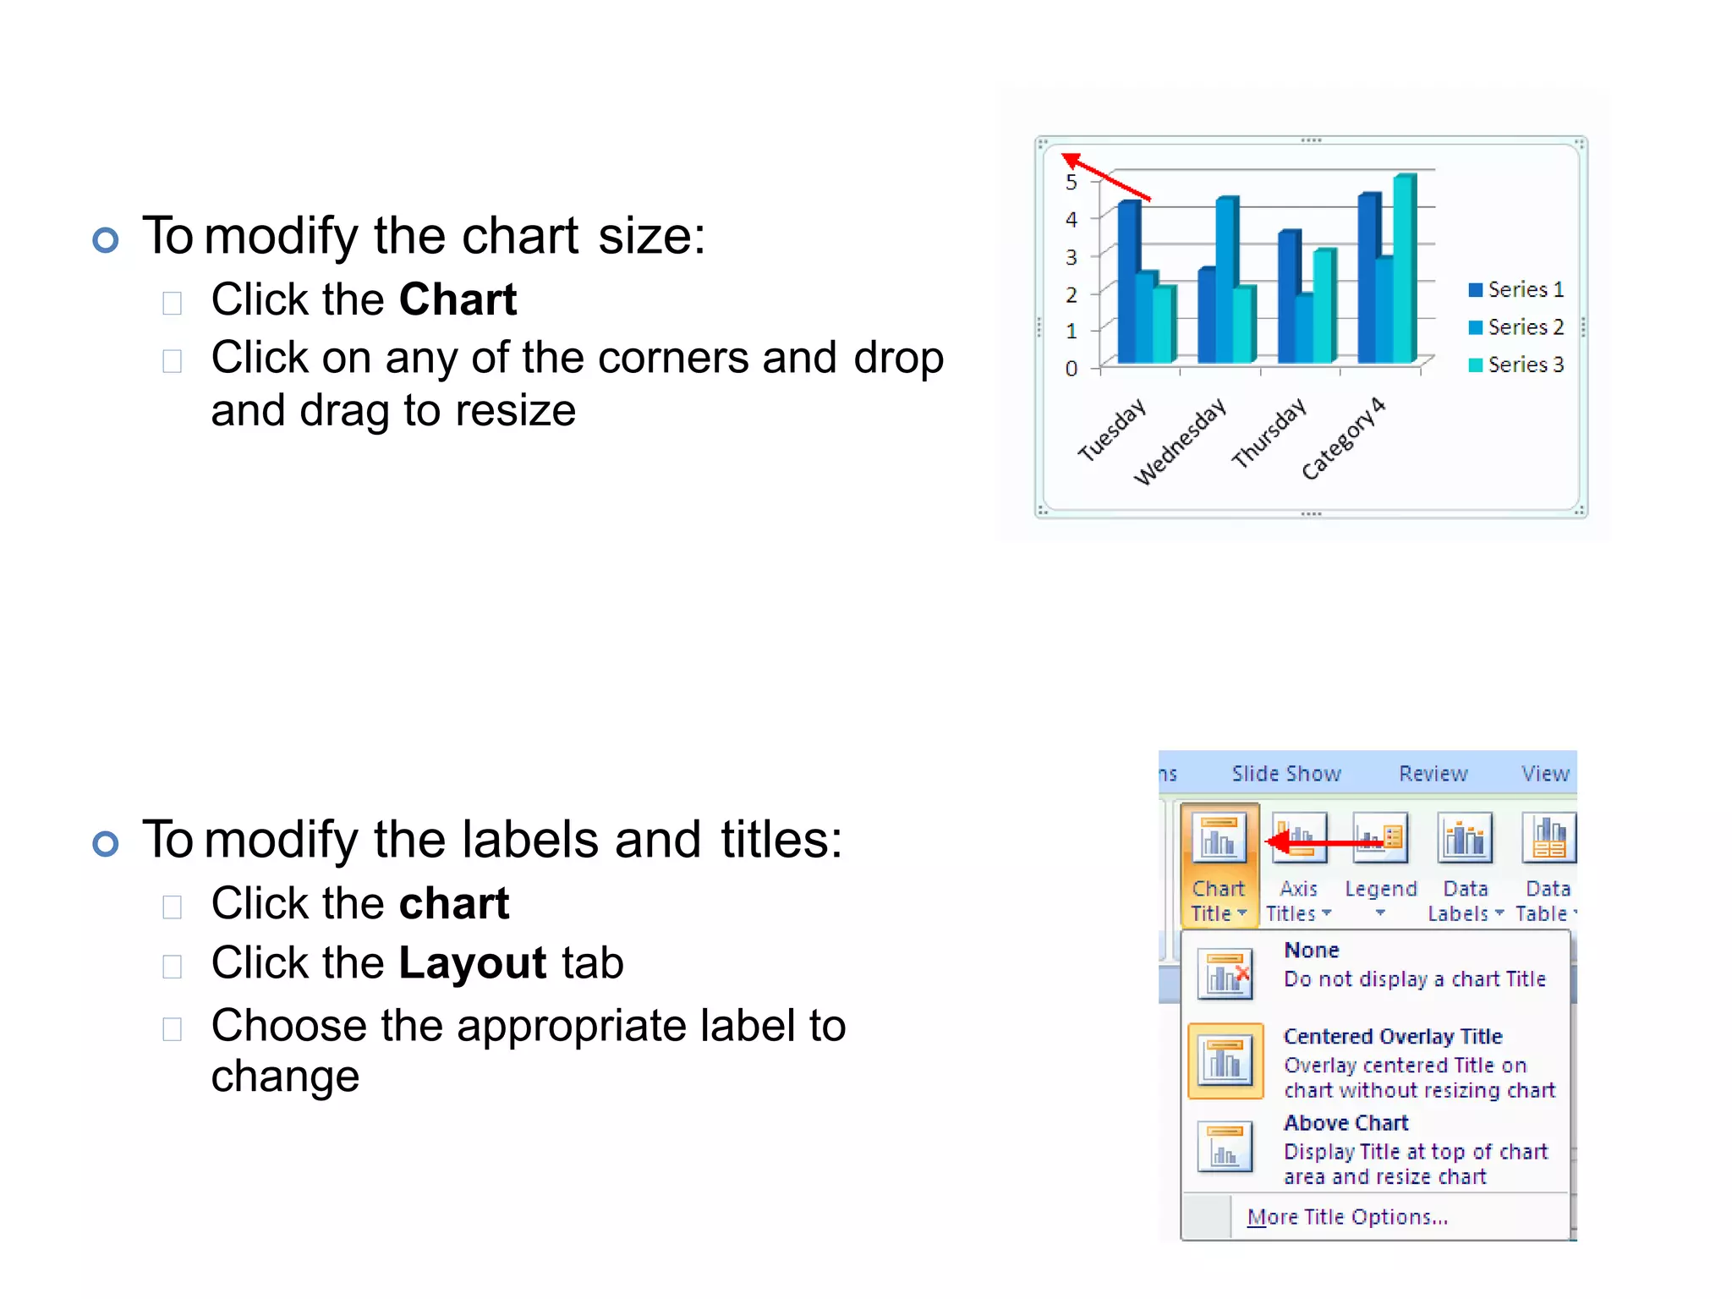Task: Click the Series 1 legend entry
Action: (1516, 290)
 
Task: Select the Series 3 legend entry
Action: (1516, 364)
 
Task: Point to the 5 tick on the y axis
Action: (1072, 183)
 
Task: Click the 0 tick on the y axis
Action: (1072, 368)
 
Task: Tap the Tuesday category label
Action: (1111, 430)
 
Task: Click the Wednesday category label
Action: (1180, 441)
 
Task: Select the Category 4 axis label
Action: (1343, 438)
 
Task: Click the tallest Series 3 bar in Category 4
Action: (1404, 267)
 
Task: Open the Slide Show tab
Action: (1286, 774)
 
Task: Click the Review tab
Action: (1433, 774)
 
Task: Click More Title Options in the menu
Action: (1347, 1217)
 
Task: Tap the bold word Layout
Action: (473, 963)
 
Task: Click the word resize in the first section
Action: (515, 411)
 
